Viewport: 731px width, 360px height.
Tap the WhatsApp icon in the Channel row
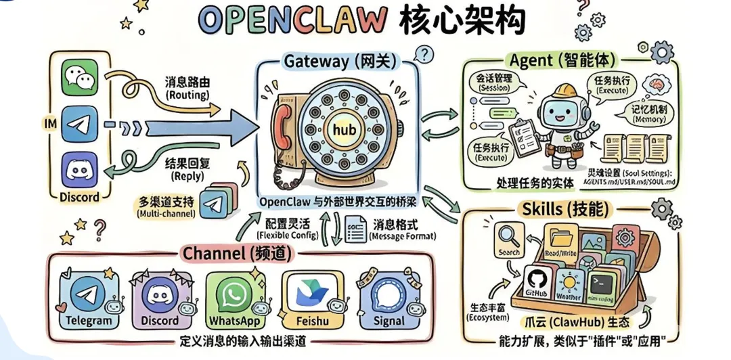click(235, 294)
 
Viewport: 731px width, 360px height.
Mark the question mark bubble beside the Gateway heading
click(423, 54)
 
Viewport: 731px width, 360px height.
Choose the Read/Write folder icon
click(561, 237)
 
